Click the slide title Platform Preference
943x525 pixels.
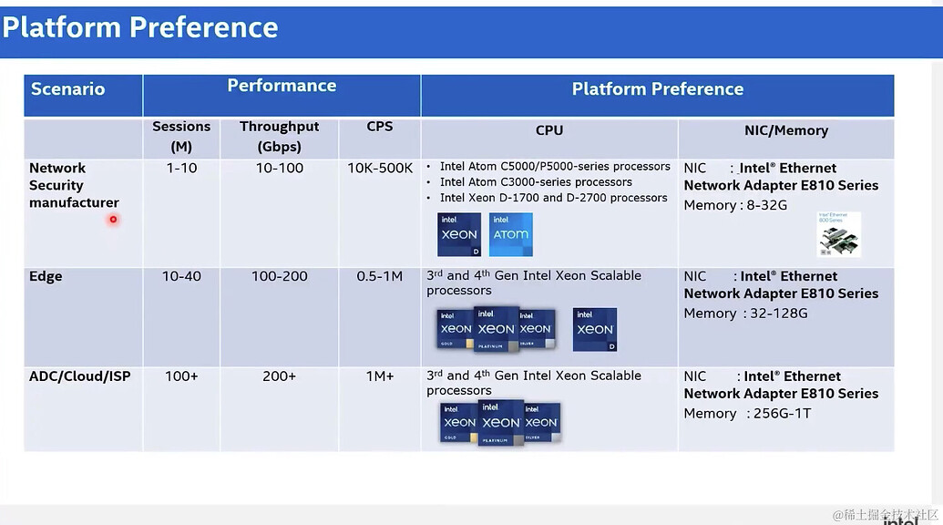pyautogui.click(x=140, y=27)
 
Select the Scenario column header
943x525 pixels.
pyautogui.click(x=67, y=89)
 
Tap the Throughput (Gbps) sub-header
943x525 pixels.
pyautogui.click(x=279, y=137)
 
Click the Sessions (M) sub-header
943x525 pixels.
pyautogui.click(x=181, y=137)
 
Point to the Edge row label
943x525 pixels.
pyautogui.click(x=46, y=276)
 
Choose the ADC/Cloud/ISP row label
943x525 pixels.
pyautogui.click(x=79, y=376)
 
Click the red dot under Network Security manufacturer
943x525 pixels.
pyautogui.click(x=113, y=219)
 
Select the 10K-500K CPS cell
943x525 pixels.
pyautogui.click(x=380, y=169)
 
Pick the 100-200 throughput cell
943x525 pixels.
pyautogui.click(x=279, y=276)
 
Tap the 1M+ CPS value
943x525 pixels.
pyautogui.click(x=380, y=376)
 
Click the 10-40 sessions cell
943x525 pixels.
pyautogui.click(x=181, y=276)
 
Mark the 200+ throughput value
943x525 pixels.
pyautogui.click(x=279, y=376)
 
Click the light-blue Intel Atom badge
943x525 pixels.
pyautogui.click(x=511, y=234)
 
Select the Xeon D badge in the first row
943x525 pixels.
pyautogui.click(x=459, y=234)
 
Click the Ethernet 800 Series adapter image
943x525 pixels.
pyautogui.click(x=838, y=234)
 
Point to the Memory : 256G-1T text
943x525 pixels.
pyautogui.click(x=747, y=414)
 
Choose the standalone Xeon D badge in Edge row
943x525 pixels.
pyautogui.click(x=595, y=329)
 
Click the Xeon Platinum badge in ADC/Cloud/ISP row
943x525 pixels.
pyautogui.click(x=500, y=423)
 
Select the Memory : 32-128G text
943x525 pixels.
pyautogui.click(x=745, y=314)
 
